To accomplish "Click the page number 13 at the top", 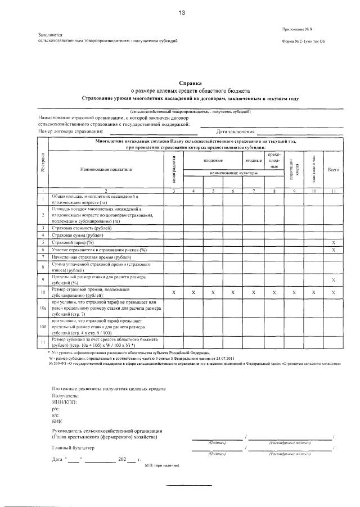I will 182,12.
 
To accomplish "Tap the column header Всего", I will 334,169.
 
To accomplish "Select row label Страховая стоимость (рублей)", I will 80,227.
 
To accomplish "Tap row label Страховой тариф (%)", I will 73,242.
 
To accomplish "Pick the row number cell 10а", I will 43,308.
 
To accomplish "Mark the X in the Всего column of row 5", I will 334,242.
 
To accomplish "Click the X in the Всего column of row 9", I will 334,280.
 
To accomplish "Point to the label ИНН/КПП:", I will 64,402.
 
